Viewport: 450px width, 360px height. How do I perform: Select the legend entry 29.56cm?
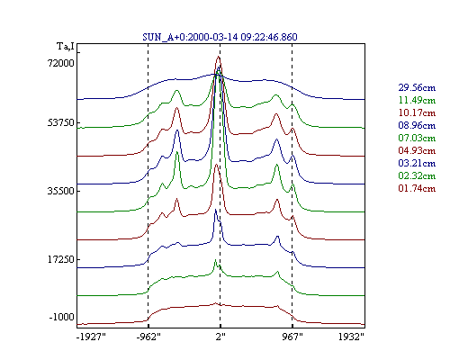click(417, 87)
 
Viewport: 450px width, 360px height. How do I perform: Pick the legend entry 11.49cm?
click(417, 100)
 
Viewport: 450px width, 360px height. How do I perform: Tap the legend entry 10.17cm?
click(417, 112)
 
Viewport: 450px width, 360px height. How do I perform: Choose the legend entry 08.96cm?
click(417, 125)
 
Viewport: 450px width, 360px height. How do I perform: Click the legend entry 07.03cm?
click(417, 138)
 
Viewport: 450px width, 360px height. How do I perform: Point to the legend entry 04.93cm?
click(417, 150)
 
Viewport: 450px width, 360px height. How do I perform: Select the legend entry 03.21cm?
click(417, 163)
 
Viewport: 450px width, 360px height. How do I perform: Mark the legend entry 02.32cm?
click(417, 175)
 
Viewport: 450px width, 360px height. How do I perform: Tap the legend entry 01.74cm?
click(417, 188)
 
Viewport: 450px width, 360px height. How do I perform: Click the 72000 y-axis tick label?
click(61, 63)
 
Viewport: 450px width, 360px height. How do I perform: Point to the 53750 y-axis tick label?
click(61, 122)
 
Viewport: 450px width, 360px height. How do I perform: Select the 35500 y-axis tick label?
click(61, 191)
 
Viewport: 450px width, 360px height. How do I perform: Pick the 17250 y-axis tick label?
click(61, 259)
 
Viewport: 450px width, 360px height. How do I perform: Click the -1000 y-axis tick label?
click(61, 317)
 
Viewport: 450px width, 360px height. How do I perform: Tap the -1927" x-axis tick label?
click(91, 337)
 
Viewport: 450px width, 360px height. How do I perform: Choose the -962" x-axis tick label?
click(148, 337)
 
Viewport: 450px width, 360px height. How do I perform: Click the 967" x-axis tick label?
click(292, 337)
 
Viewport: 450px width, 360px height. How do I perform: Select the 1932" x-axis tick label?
click(351, 337)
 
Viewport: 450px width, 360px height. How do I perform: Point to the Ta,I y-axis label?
click(66, 47)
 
